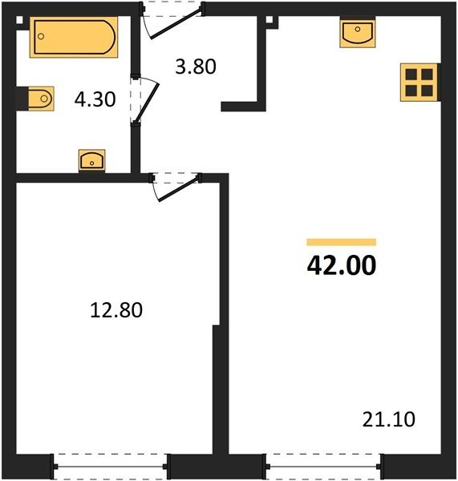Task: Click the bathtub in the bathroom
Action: [74, 37]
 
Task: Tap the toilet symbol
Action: [41, 99]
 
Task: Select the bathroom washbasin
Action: [91, 160]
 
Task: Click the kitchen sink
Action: [357, 33]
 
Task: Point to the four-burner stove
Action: [419, 83]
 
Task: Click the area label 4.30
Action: [95, 99]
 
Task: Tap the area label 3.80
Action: [196, 67]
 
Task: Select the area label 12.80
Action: [116, 309]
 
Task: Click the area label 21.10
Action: [389, 419]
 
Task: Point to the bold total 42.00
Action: [342, 265]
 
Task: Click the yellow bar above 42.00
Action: [342, 242]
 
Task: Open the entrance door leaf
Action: [176, 24]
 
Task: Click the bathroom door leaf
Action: [147, 103]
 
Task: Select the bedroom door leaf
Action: [178, 189]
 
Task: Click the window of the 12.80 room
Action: [111, 467]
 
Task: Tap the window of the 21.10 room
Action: [323, 467]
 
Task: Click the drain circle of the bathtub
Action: [41, 36]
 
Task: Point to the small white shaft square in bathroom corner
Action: [19, 20]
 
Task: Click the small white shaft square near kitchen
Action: [270, 19]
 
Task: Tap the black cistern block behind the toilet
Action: [22, 99]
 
